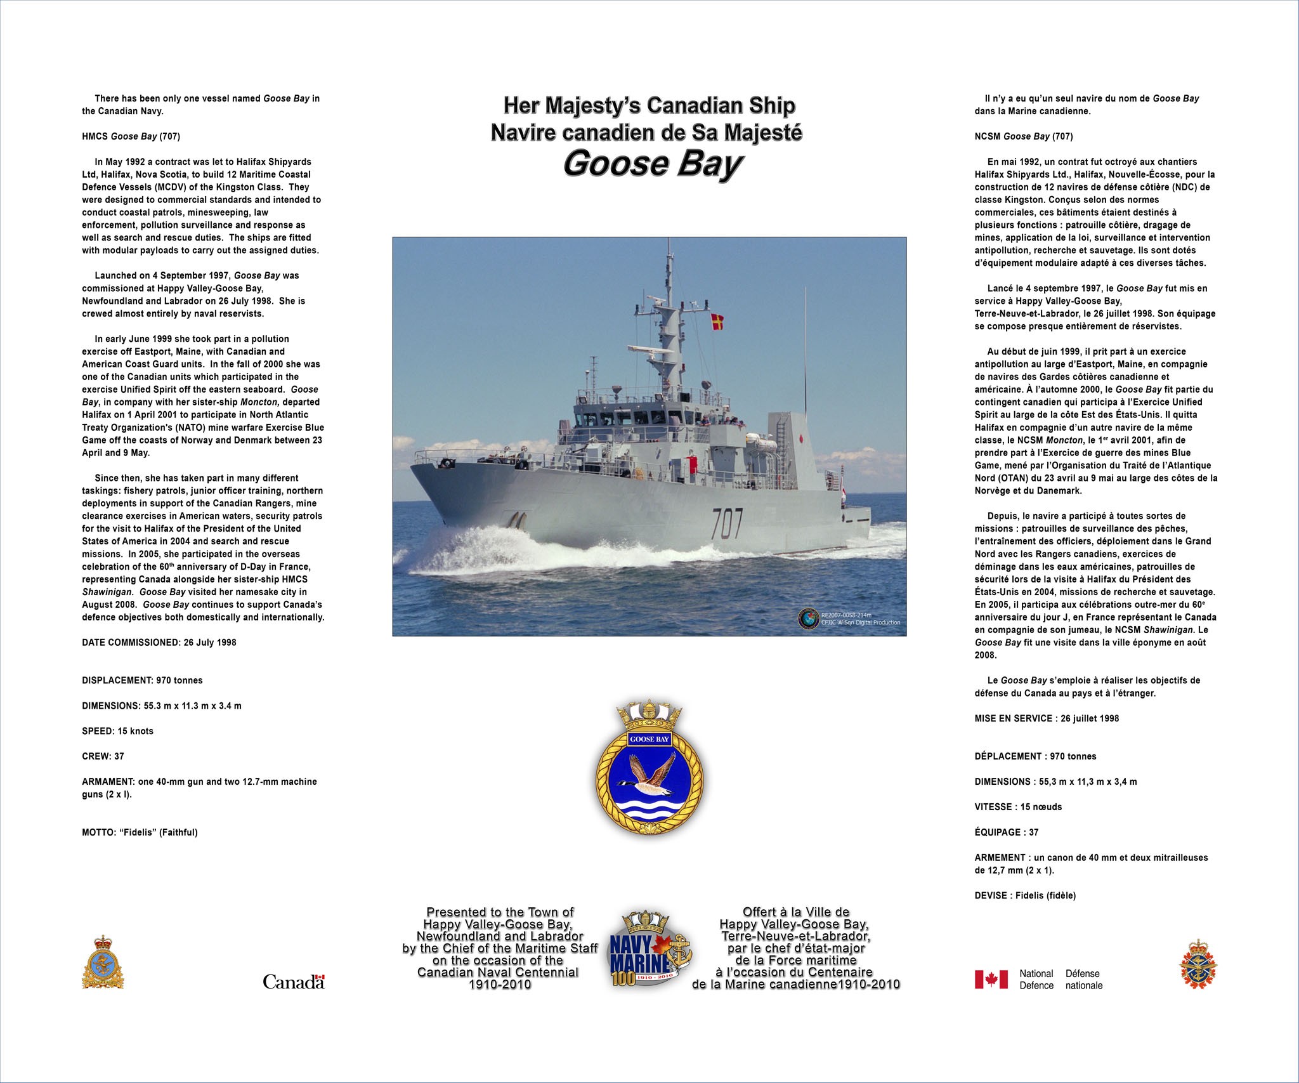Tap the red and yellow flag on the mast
[717, 322]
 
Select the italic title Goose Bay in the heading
[651, 163]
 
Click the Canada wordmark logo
[294, 982]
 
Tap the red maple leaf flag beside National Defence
[991, 979]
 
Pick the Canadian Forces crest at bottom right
[1198, 964]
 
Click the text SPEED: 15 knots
[117, 731]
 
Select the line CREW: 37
[103, 756]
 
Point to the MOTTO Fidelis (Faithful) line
[140, 832]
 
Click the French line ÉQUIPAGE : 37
[1007, 832]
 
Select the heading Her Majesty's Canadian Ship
[649, 105]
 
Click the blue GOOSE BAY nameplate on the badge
[649, 739]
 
